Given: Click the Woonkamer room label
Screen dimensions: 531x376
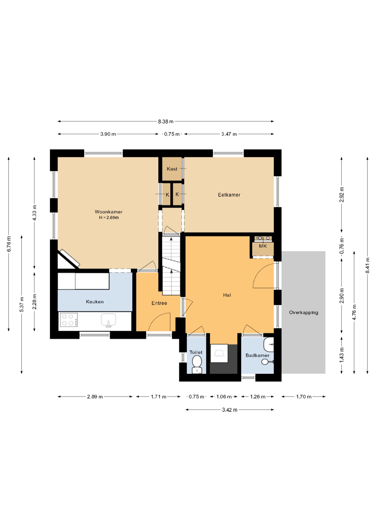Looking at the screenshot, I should (x=109, y=212).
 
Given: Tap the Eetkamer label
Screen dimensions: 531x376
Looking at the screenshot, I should (x=229, y=195).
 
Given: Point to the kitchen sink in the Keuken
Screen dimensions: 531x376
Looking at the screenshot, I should (x=108, y=320).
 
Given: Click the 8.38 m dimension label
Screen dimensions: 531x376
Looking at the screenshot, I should (x=166, y=121).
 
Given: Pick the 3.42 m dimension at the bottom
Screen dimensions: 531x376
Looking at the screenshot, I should (x=230, y=410).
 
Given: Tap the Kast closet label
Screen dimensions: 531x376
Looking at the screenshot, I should (x=172, y=169).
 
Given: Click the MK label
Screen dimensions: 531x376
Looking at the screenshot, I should (x=263, y=246).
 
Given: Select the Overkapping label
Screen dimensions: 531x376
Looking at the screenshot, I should (x=303, y=313).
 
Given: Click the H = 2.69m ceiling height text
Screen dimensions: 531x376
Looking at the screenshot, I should (x=109, y=218).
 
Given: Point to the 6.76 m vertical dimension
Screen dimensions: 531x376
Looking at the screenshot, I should (x=9, y=244).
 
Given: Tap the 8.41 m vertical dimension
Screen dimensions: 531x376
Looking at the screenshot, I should (x=367, y=265).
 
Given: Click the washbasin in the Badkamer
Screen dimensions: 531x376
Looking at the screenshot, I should (x=269, y=345).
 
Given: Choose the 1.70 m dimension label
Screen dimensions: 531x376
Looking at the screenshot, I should (x=304, y=397).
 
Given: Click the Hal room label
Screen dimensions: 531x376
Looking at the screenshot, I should (x=227, y=295).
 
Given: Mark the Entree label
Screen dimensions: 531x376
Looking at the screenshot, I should (x=159, y=303).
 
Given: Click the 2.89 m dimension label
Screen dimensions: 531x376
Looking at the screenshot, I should (x=95, y=397).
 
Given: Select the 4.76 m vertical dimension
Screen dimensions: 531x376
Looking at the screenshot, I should (x=354, y=312).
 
